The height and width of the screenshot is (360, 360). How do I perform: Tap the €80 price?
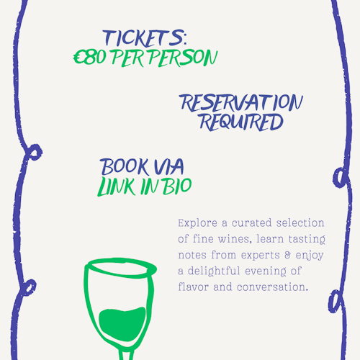[x=89, y=58]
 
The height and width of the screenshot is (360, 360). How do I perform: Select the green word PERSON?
[x=183, y=58]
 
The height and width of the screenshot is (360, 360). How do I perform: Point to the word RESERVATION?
[x=240, y=103]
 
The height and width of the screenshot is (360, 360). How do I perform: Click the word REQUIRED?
[x=241, y=122]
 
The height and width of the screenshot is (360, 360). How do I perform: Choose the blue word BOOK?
[x=124, y=167]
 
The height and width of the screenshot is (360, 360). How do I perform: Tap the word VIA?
[x=168, y=166]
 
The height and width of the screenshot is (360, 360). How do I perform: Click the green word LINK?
[x=117, y=186]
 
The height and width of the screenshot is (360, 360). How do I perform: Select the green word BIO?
[x=178, y=186]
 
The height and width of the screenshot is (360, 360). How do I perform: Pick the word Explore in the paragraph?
[x=197, y=223]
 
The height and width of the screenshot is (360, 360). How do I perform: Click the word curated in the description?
[x=251, y=223]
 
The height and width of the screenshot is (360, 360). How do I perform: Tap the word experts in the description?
[x=261, y=256]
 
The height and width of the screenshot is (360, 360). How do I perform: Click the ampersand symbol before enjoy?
[x=287, y=255]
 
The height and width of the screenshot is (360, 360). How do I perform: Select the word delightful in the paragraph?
[x=214, y=271]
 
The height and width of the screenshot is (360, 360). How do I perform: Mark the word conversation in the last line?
[x=272, y=287]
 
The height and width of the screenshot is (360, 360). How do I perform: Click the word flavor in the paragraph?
[x=193, y=287]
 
